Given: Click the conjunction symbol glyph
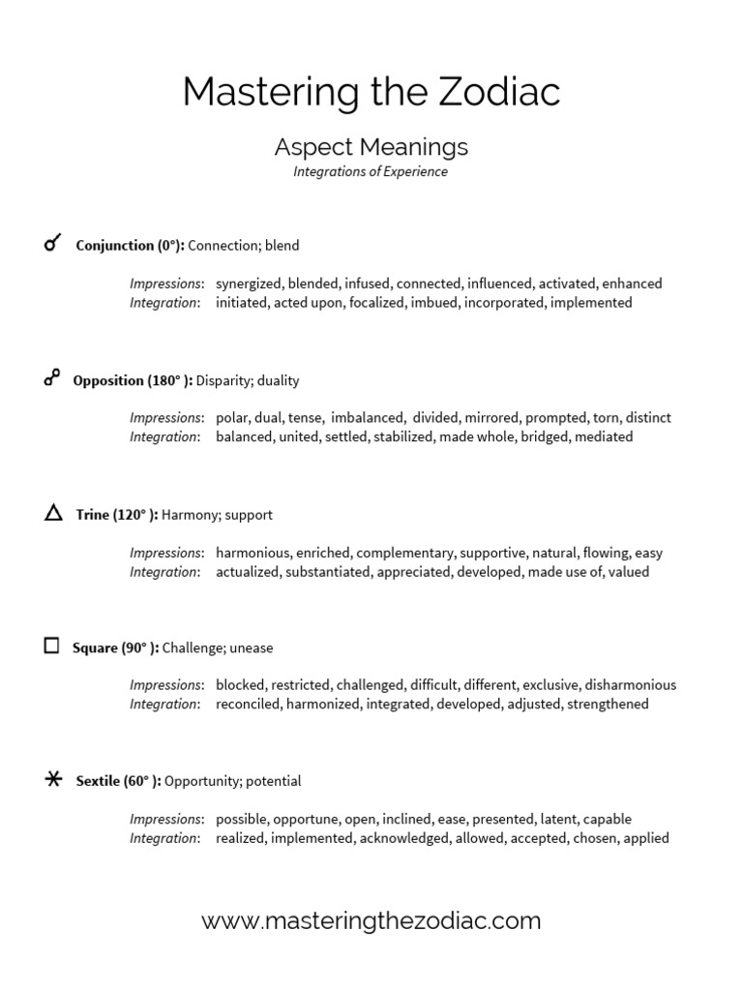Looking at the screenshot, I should click(53, 244).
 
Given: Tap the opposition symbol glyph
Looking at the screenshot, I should click(52, 378).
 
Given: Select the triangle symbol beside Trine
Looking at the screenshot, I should click(53, 513).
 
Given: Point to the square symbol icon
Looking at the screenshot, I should click(52, 646).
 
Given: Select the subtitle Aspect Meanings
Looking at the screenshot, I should click(371, 147).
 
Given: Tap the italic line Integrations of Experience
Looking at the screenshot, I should click(371, 172).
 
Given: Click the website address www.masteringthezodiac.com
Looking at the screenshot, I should click(371, 920).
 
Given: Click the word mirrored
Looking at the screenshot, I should click(490, 418).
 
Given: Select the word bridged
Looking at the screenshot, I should click(546, 436).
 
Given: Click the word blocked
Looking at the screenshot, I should click(240, 685).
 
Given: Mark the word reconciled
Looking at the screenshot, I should click(249, 705).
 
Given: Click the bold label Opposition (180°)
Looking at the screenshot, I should click(133, 380).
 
